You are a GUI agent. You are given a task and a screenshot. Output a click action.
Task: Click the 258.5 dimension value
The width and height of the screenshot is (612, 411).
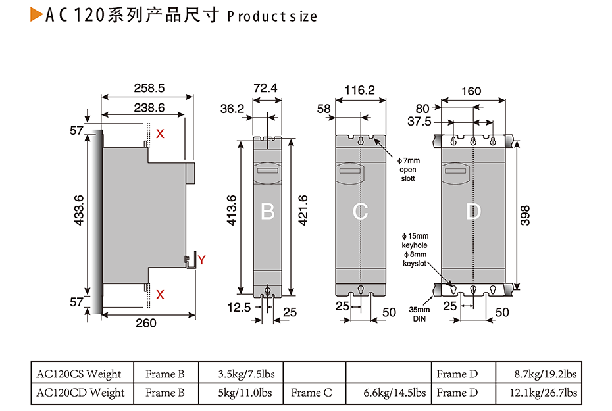click(149, 87)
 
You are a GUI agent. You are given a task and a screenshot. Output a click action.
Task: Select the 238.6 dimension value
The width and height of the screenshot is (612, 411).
click(149, 108)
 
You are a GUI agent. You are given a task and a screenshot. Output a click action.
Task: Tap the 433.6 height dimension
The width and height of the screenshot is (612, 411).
click(79, 211)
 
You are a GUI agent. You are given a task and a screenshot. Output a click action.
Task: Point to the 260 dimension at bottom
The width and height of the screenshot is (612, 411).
click(145, 322)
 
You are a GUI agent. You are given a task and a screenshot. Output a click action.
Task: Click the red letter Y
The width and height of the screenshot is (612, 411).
click(202, 260)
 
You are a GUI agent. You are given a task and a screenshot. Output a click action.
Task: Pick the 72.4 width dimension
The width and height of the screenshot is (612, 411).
click(265, 87)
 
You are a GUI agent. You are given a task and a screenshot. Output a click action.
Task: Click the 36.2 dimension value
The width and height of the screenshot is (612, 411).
click(232, 109)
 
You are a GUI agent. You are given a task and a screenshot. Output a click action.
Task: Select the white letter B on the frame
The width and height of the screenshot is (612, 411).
click(267, 212)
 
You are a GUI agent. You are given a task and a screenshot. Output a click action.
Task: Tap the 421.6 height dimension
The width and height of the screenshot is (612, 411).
click(303, 210)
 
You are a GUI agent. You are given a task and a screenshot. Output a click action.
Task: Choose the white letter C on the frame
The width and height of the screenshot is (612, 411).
click(360, 212)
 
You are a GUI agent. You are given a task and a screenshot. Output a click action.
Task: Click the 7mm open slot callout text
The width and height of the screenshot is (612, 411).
click(408, 170)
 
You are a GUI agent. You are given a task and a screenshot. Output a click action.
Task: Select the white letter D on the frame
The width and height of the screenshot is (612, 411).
click(473, 212)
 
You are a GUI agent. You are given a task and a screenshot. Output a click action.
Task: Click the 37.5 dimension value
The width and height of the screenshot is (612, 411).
click(419, 122)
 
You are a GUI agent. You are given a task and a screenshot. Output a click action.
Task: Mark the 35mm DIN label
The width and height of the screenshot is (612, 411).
click(421, 314)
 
